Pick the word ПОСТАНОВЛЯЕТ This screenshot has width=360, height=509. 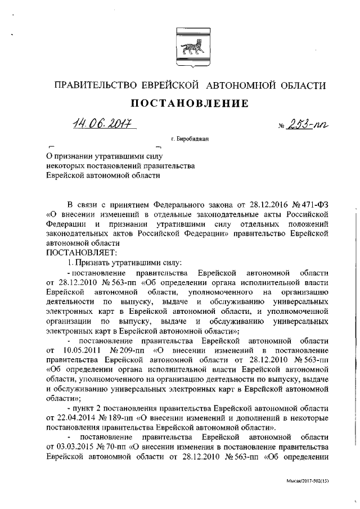pyautogui.click(x=73, y=253)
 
